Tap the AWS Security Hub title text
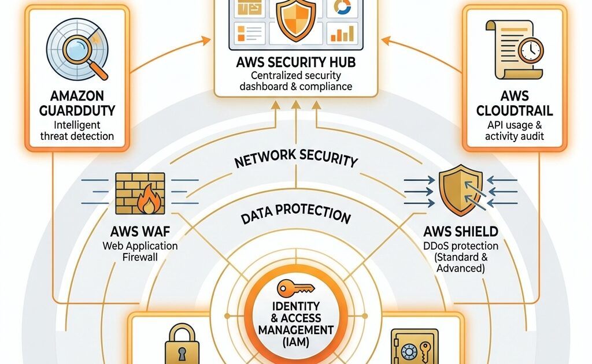295,63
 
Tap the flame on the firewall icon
151,202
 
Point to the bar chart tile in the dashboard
342,33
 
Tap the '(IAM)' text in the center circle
297,343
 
